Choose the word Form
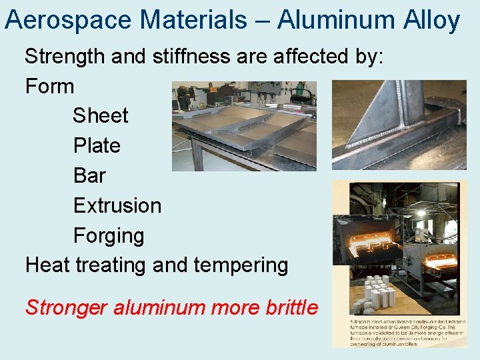coord(49,86)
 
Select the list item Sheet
coord(100,115)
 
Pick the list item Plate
coord(97,145)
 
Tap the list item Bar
coord(89,175)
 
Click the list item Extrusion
coord(117,205)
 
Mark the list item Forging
coord(109,235)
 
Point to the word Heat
coord(48,265)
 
